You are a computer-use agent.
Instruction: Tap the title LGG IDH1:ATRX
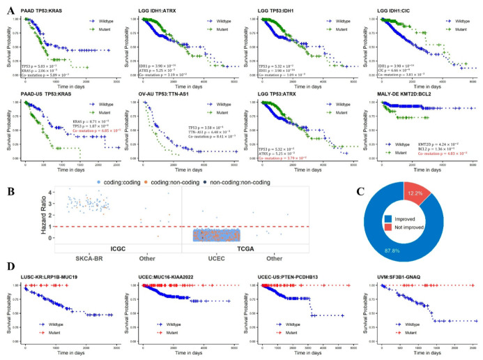tap(165, 7)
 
